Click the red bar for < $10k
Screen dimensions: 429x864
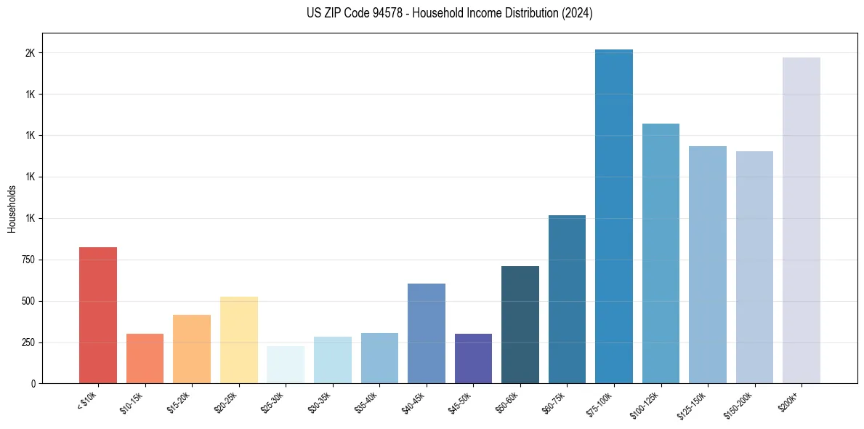pyautogui.click(x=98, y=315)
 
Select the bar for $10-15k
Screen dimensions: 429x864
pyautogui.click(x=145, y=358)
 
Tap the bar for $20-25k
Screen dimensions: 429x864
pyautogui.click(x=238, y=340)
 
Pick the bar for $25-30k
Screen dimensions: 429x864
pyautogui.click(x=286, y=364)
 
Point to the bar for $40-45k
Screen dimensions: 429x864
pyautogui.click(x=426, y=333)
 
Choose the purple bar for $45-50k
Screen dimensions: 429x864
pyautogui.click(x=473, y=358)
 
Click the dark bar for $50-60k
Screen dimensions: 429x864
pyautogui.click(x=520, y=324)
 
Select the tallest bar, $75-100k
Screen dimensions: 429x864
pyautogui.click(x=613, y=216)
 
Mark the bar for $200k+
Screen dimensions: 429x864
pyautogui.click(x=801, y=220)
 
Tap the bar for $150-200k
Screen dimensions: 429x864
pyautogui.click(x=754, y=267)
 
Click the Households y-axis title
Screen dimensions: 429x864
pyautogui.click(x=12, y=209)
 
